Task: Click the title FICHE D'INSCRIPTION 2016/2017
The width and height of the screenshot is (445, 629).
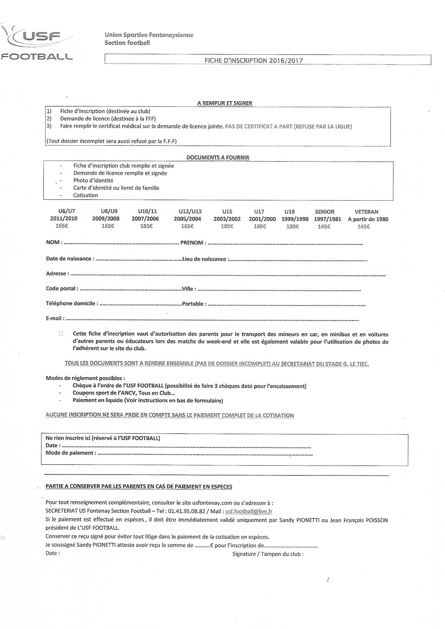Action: [254, 61]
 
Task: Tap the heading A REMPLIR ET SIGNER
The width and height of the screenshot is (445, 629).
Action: [225, 103]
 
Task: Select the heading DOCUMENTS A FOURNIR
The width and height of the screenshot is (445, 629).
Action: [218, 158]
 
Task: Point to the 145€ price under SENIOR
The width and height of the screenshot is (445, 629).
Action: [324, 227]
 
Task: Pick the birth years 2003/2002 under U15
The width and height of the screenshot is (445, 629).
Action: [227, 219]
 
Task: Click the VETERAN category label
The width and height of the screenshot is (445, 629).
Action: [366, 212]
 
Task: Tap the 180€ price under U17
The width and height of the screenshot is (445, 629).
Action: [258, 227]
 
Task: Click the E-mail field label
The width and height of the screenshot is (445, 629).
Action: [55, 318]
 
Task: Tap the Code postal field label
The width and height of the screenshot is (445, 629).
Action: [62, 288]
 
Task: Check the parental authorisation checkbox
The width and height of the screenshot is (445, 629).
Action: [61, 334]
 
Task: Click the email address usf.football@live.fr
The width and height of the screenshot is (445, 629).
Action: [249, 511]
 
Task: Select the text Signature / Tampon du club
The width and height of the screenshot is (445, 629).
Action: [268, 554]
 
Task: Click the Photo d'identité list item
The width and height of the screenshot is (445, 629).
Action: [93, 181]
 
